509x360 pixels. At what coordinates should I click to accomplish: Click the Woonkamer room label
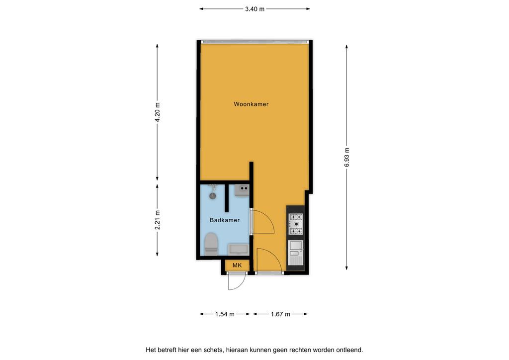(251, 104)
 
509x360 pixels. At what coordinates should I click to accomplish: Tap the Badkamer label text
(225, 220)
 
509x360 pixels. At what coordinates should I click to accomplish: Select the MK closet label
(237, 266)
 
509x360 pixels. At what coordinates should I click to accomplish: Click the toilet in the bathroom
(211, 244)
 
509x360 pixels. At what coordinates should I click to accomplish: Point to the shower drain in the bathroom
(213, 196)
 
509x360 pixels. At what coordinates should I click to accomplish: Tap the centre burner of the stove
(296, 224)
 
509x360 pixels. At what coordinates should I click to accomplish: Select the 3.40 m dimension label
(254, 9)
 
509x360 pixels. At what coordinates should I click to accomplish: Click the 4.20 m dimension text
(158, 112)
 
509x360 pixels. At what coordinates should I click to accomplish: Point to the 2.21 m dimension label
(158, 220)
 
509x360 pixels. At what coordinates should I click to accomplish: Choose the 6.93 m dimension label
(347, 158)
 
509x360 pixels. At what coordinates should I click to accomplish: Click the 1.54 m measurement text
(225, 314)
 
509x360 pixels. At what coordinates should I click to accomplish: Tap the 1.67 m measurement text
(280, 314)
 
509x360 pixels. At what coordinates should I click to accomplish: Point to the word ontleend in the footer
(351, 350)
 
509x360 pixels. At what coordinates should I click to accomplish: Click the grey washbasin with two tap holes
(242, 190)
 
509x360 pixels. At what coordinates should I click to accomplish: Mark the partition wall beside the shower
(227, 198)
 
